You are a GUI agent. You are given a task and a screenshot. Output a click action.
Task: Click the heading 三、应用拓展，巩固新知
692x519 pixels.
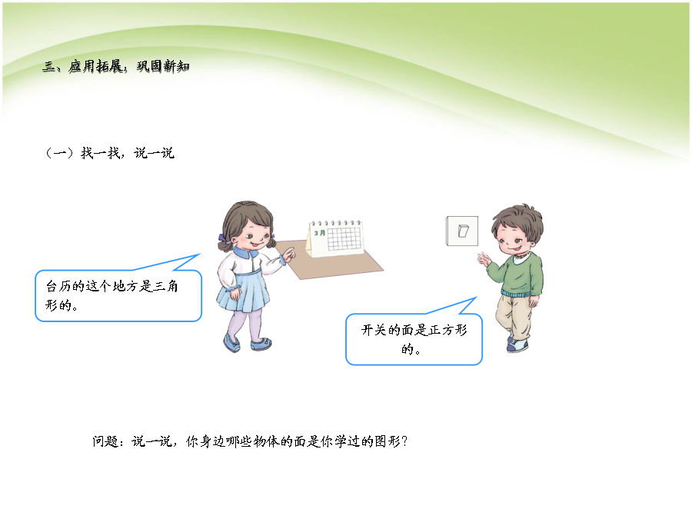[116, 66]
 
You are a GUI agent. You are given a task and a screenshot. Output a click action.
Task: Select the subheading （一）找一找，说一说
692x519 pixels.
[110, 153]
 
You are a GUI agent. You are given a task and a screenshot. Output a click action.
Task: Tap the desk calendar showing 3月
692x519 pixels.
[335, 238]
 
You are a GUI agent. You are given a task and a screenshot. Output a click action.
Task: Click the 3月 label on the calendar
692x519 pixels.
[320, 232]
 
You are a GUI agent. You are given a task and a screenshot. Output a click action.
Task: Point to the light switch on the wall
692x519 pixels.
[462, 231]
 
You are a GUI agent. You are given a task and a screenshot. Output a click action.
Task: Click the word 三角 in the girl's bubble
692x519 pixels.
[166, 286]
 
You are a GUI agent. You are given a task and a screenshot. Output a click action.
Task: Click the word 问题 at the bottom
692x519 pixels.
[105, 441]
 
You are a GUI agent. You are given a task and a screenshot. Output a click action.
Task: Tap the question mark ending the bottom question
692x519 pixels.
[405, 441]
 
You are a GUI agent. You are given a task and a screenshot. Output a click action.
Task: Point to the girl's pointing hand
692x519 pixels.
[288, 255]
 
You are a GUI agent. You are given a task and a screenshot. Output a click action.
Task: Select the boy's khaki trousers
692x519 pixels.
[514, 317]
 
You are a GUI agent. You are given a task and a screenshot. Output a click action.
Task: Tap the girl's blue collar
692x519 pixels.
[246, 253]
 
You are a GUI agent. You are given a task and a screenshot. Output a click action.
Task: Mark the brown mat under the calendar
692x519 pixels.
[329, 260]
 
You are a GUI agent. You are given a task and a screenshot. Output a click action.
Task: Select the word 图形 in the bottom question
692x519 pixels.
[388, 441]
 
